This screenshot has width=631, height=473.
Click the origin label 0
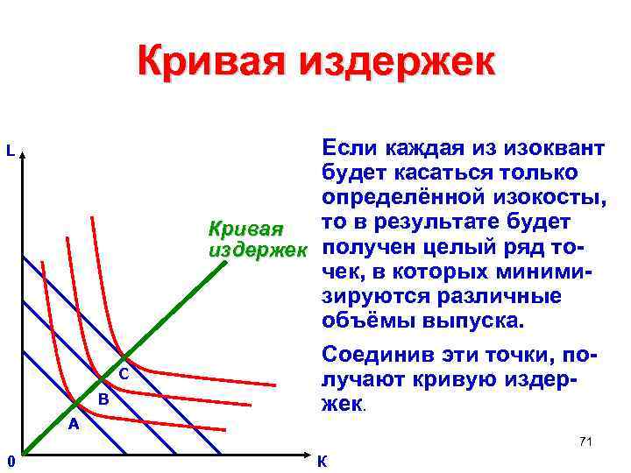(x=8, y=461)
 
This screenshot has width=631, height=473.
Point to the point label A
(x=74, y=425)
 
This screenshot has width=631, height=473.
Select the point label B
(x=103, y=399)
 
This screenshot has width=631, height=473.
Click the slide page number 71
(x=585, y=441)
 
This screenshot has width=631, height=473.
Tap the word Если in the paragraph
(x=351, y=145)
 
